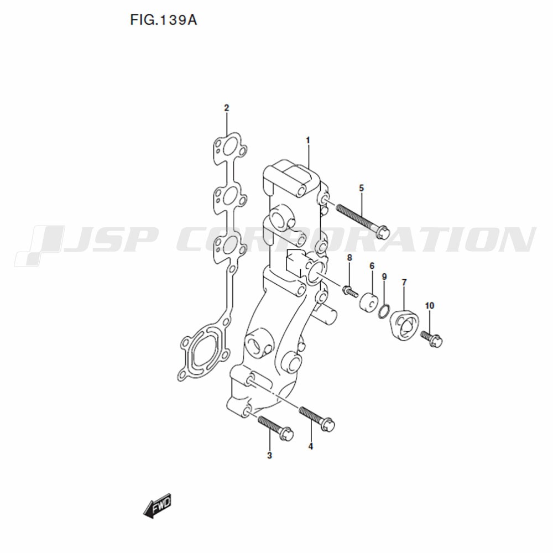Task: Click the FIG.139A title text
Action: click(164, 20)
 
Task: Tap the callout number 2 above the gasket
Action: click(226, 108)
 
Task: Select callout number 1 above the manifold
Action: click(307, 140)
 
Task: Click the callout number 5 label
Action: click(361, 189)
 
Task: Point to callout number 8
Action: click(349, 258)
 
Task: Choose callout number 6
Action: click(372, 266)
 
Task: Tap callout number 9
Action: click(384, 276)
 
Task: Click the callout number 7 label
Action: click(404, 282)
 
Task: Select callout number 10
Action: click(430, 306)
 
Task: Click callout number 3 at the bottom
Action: click(269, 455)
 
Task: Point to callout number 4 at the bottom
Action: click(310, 446)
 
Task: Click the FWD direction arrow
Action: click(158, 505)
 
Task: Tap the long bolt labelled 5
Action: click(363, 221)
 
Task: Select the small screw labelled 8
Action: click(350, 291)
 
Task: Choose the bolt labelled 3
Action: click(275, 428)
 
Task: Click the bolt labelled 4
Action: click(317, 419)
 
